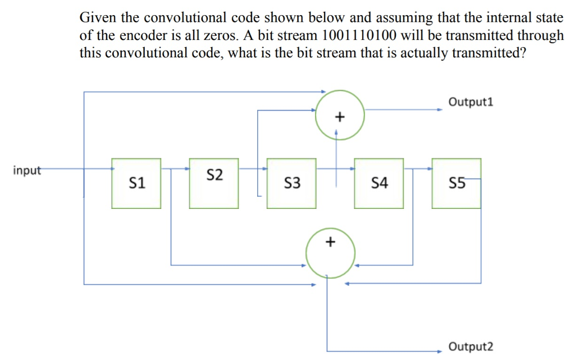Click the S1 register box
136,183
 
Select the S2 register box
214,183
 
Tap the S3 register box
291,183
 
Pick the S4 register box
379,183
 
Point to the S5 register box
457,183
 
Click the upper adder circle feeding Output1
340,116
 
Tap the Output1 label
471,102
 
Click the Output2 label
471,347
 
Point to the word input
27,170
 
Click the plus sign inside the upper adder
339,117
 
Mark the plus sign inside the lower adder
330,242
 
